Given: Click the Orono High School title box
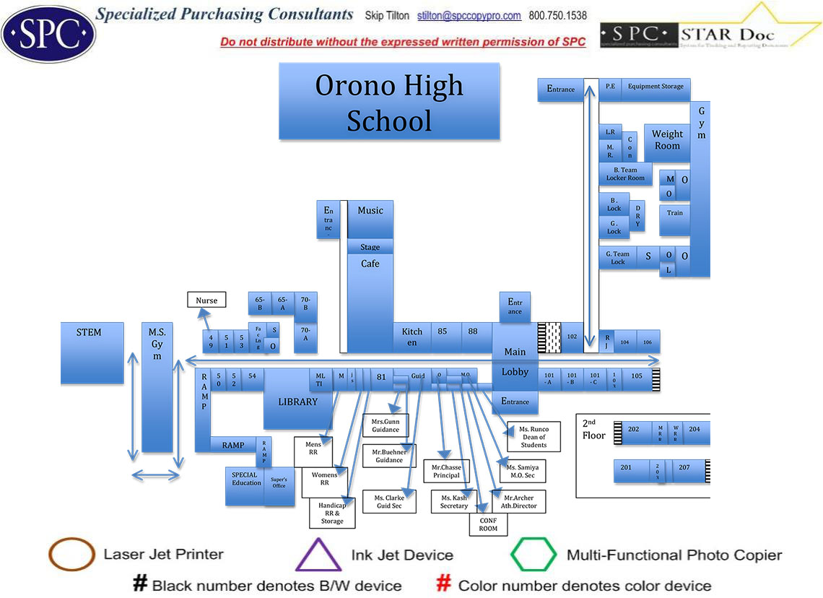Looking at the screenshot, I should (389, 101).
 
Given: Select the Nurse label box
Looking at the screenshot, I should (206, 300).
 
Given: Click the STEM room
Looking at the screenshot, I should (92, 352).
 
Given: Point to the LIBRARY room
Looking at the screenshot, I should (297, 402).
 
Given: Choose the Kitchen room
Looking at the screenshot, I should (412, 337).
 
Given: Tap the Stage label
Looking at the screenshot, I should (370, 247).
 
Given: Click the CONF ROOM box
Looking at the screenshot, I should (488, 524).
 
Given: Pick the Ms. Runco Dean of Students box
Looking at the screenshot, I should (534, 437).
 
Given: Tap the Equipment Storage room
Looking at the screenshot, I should (655, 87).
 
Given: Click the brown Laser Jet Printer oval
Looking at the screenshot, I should (71, 555).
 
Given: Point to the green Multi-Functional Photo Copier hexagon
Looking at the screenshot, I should (534, 555).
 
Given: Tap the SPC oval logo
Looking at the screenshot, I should (48, 33).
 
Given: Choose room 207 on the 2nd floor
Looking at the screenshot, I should (684, 468).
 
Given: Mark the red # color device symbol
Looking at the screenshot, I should (444, 584).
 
